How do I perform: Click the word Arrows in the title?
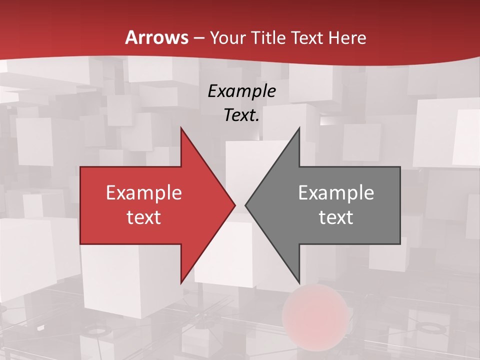click(x=157, y=37)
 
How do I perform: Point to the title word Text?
click(x=309, y=37)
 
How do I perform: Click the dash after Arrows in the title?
click(x=199, y=38)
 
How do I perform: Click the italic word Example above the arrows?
click(x=242, y=91)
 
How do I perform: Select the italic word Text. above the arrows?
click(x=242, y=115)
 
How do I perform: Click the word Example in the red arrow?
click(x=144, y=193)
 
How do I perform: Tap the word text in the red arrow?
click(x=144, y=217)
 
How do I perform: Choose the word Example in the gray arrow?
click(x=336, y=193)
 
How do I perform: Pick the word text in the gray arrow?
click(x=336, y=217)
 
